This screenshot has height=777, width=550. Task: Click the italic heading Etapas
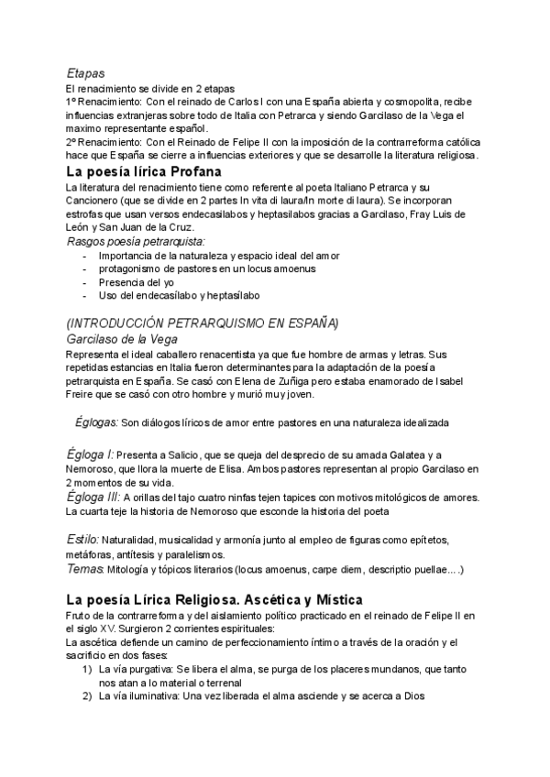[x=85, y=71]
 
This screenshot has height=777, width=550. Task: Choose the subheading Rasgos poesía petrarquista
[x=137, y=241]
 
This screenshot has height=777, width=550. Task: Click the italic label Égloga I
[x=91, y=454]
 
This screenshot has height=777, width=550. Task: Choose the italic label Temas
[x=85, y=569]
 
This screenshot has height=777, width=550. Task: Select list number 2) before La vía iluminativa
[x=88, y=697]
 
